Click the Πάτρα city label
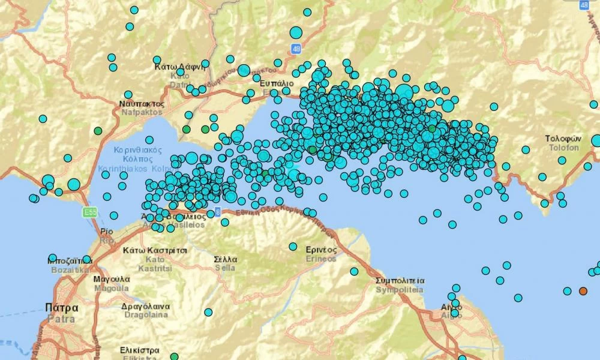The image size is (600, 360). (62, 307)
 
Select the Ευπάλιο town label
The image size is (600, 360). (277, 83)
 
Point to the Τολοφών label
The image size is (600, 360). (562, 139)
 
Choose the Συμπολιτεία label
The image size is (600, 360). (400, 281)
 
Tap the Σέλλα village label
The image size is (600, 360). (226, 260)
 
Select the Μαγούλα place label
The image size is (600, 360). (112, 280)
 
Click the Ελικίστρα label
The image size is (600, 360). (139, 350)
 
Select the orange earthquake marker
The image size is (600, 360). (583, 291)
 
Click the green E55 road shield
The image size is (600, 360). (90, 212)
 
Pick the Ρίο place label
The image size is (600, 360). (107, 231)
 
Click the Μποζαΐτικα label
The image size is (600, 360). (68, 261)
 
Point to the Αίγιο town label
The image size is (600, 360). (451, 307)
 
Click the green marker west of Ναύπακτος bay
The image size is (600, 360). (98, 131)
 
